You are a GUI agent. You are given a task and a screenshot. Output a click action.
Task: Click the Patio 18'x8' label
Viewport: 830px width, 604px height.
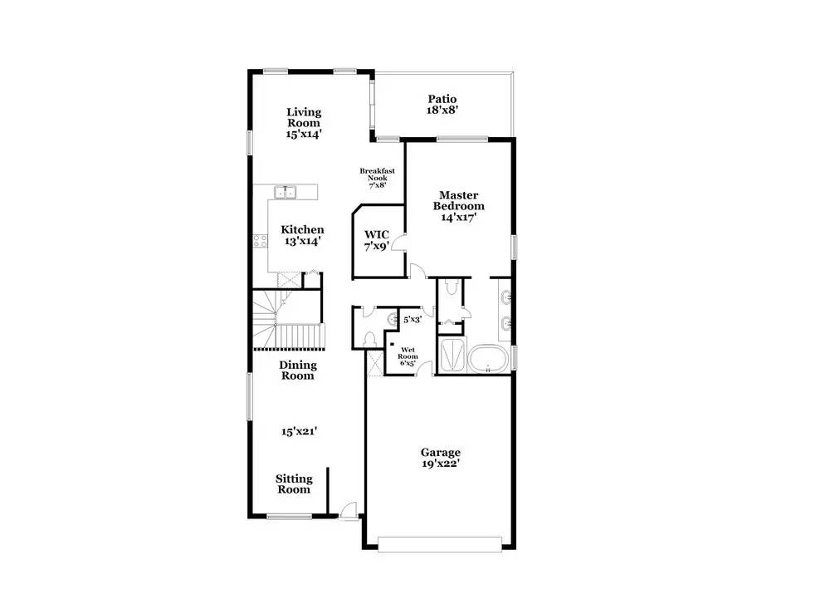coord(442,105)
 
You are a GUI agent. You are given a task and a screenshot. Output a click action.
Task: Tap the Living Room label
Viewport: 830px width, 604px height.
coord(304,118)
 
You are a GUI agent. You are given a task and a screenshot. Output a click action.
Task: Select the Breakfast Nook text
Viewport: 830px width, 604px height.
coord(378,174)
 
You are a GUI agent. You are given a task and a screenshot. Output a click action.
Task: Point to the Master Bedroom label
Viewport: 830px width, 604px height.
coord(458,201)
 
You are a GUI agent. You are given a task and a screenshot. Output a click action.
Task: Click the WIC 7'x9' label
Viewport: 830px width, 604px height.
coord(377,241)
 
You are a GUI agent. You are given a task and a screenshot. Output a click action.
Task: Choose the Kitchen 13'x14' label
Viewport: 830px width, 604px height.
coord(302,235)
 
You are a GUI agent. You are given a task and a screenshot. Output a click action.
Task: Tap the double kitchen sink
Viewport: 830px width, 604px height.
coord(286,192)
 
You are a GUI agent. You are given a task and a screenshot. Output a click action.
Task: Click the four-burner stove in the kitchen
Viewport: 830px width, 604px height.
coord(261,241)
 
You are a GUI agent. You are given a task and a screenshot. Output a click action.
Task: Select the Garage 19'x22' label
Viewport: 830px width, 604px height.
coord(441,458)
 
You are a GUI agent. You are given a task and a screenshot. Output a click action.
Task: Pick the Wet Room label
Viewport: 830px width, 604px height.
coord(408,353)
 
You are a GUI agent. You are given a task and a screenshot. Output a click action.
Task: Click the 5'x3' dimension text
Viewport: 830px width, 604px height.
coord(413,320)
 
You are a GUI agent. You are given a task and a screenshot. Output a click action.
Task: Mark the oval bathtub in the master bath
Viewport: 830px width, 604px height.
coord(488,359)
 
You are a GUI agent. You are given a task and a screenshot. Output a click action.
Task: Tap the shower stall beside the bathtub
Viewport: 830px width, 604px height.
coord(452,355)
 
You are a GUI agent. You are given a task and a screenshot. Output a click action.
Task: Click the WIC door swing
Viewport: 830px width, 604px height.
coord(400,242)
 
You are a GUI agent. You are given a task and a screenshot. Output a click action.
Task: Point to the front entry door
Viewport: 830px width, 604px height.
coord(349,510)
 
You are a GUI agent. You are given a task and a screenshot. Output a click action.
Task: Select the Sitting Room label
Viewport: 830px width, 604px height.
coord(294,484)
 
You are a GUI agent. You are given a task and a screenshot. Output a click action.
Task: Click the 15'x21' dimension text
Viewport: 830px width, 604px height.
coord(299,431)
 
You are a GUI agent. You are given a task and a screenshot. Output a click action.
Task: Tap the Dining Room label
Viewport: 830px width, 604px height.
coord(297,371)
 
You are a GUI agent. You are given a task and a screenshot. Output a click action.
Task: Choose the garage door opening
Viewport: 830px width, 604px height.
coord(440,545)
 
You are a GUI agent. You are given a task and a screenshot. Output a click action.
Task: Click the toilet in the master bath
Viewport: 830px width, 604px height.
coord(451,287)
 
